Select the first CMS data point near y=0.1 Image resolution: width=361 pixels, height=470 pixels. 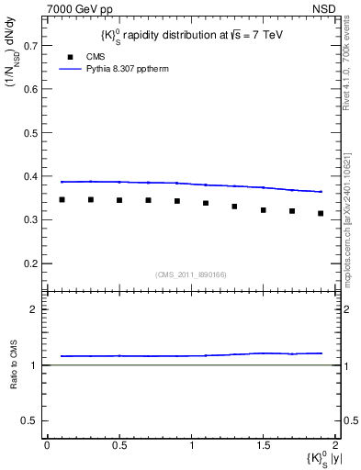tap(62, 199)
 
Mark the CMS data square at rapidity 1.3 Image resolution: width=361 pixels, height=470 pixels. tap(235, 207)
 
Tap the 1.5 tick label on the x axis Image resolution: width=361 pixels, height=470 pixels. tap(263, 444)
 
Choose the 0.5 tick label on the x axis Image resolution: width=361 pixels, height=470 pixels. tap(119, 444)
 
